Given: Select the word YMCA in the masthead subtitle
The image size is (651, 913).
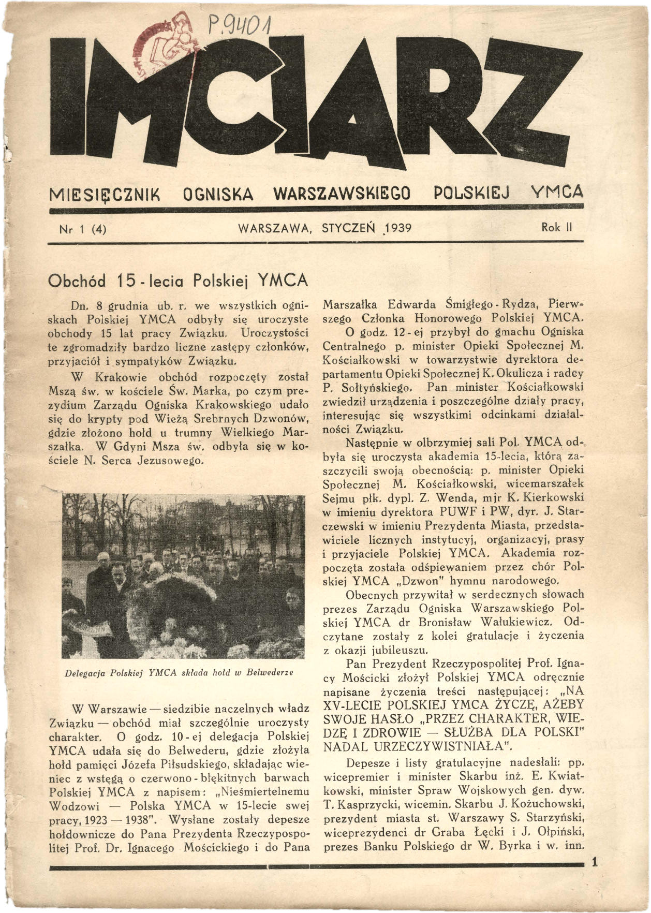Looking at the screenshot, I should click(557, 193).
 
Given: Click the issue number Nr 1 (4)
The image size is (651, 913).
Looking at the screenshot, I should click(83, 228).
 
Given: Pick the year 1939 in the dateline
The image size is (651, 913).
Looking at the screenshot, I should click(395, 228).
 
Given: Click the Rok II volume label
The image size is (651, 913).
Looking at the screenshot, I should click(556, 227).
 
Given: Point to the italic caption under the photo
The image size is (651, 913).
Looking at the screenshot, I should click(179, 673).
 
